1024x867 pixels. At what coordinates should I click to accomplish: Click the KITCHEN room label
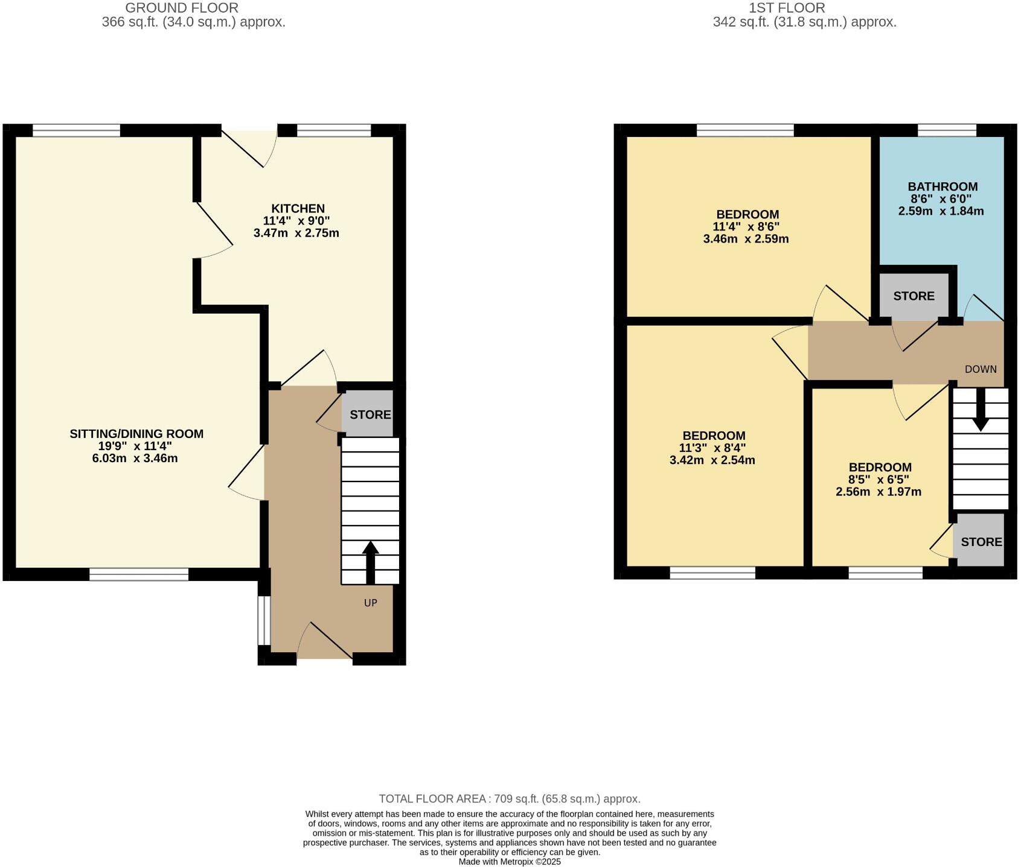coord(298,208)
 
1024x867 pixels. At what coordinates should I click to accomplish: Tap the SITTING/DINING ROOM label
coord(136,433)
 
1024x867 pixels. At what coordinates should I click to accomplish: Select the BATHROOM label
coord(942,186)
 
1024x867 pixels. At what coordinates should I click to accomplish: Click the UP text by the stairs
coord(370,603)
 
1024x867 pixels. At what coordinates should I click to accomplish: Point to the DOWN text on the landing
coord(981,369)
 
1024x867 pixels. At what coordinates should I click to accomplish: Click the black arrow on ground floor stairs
coord(370,561)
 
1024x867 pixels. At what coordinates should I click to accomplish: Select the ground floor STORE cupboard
coord(370,414)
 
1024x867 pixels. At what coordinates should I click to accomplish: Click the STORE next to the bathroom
coord(914,296)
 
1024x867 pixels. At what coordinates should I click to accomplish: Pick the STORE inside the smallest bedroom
coord(981,542)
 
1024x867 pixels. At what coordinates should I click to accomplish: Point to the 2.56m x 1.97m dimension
coord(878,492)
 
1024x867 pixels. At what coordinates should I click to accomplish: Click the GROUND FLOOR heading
coord(182,8)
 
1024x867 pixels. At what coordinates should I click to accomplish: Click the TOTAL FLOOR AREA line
coord(510,799)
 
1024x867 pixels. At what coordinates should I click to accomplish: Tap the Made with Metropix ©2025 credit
coord(510,862)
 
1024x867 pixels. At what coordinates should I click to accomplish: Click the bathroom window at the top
coord(947,130)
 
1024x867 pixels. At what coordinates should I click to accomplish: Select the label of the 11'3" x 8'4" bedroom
coord(714,436)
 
